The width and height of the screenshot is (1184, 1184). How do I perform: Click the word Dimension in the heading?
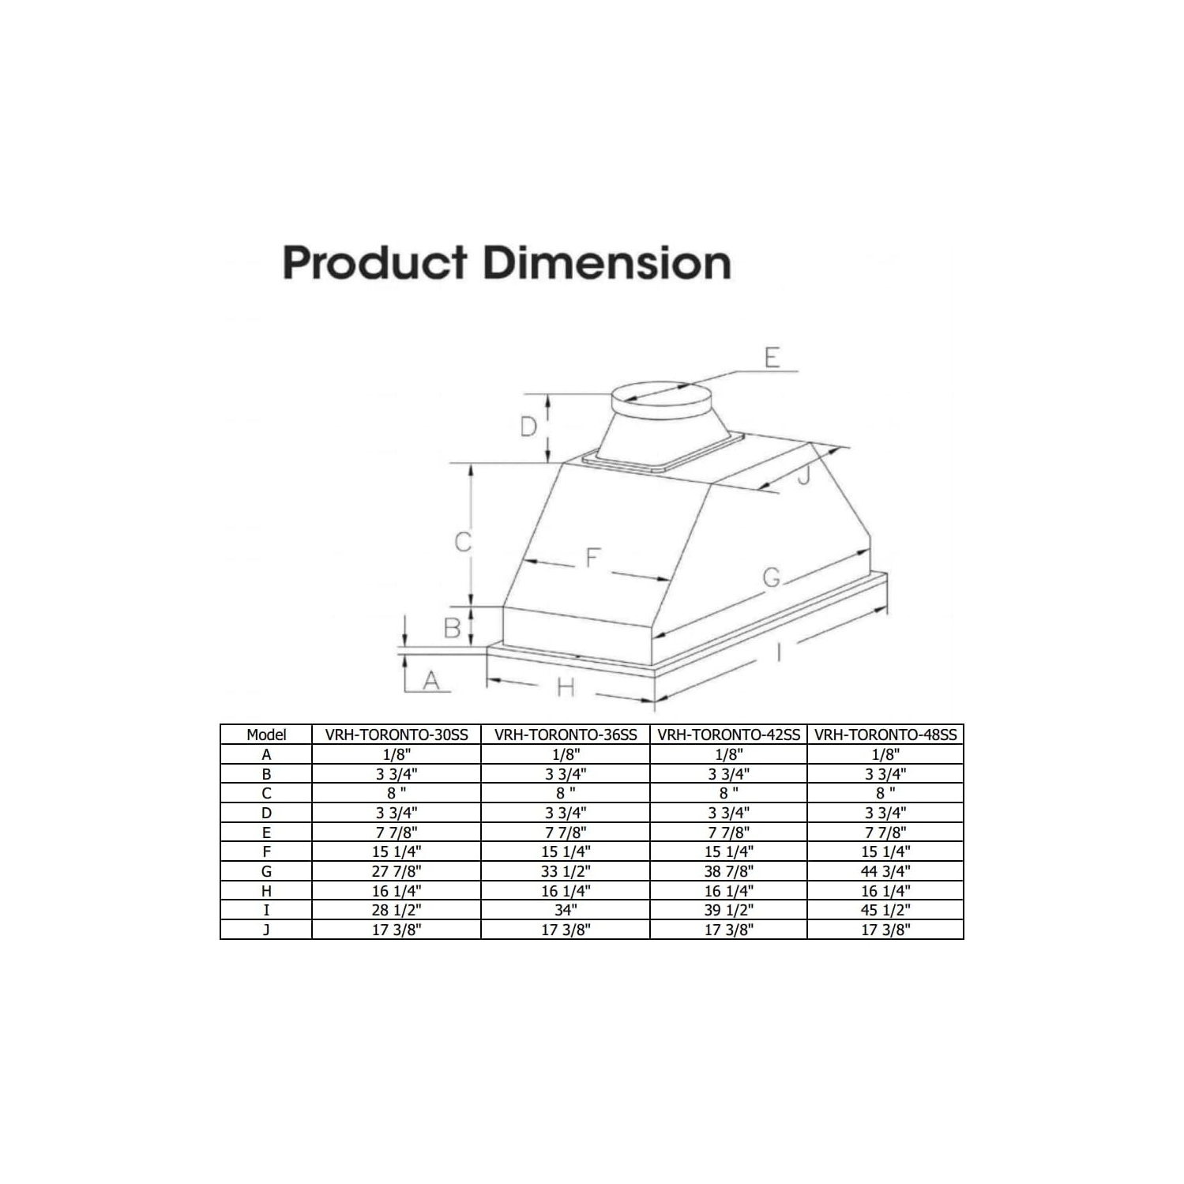(x=607, y=263)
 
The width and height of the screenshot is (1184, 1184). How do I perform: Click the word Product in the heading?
(x=375, y=263)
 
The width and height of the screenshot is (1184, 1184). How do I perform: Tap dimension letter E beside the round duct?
(x=772, y=358)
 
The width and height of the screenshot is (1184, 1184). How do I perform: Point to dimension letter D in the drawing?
(x=528, y=427)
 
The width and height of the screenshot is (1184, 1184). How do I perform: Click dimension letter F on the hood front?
(x=592, y=558)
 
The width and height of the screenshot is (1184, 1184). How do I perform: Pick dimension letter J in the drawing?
(x=803, y=475)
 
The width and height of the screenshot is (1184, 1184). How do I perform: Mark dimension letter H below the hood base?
(x=566, y=688)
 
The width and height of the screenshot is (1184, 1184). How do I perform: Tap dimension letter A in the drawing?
(x=431, y=679)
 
